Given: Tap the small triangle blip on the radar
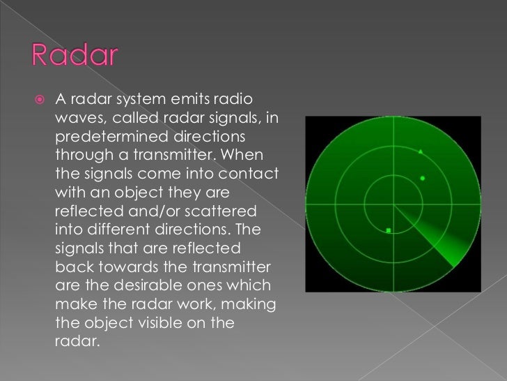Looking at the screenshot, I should (421, 151).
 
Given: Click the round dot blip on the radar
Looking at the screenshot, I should (423, 179).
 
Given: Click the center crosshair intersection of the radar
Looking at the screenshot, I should (393, 204).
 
